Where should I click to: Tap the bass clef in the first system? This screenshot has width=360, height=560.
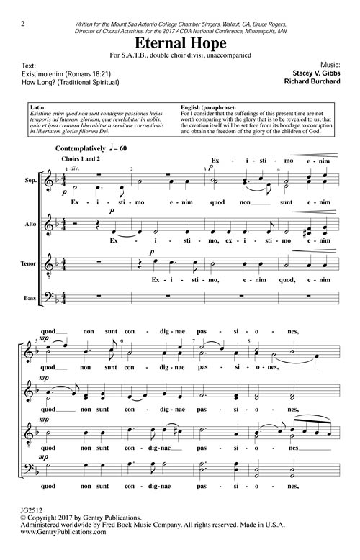point(61,295)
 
